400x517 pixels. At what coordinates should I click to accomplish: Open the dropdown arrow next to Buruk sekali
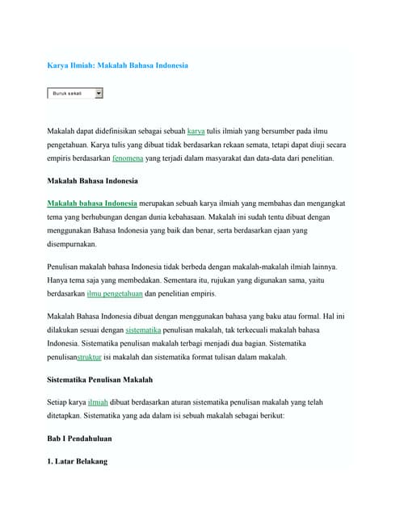[x=99, y=94]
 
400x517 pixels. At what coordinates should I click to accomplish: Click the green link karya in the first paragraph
[x=196, y=129]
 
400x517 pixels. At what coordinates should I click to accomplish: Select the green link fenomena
[x=128, y=158]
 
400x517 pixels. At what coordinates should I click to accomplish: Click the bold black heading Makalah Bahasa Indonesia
[x=92, y=181]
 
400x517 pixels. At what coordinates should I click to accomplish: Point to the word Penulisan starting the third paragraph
[x=65, y=266]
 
